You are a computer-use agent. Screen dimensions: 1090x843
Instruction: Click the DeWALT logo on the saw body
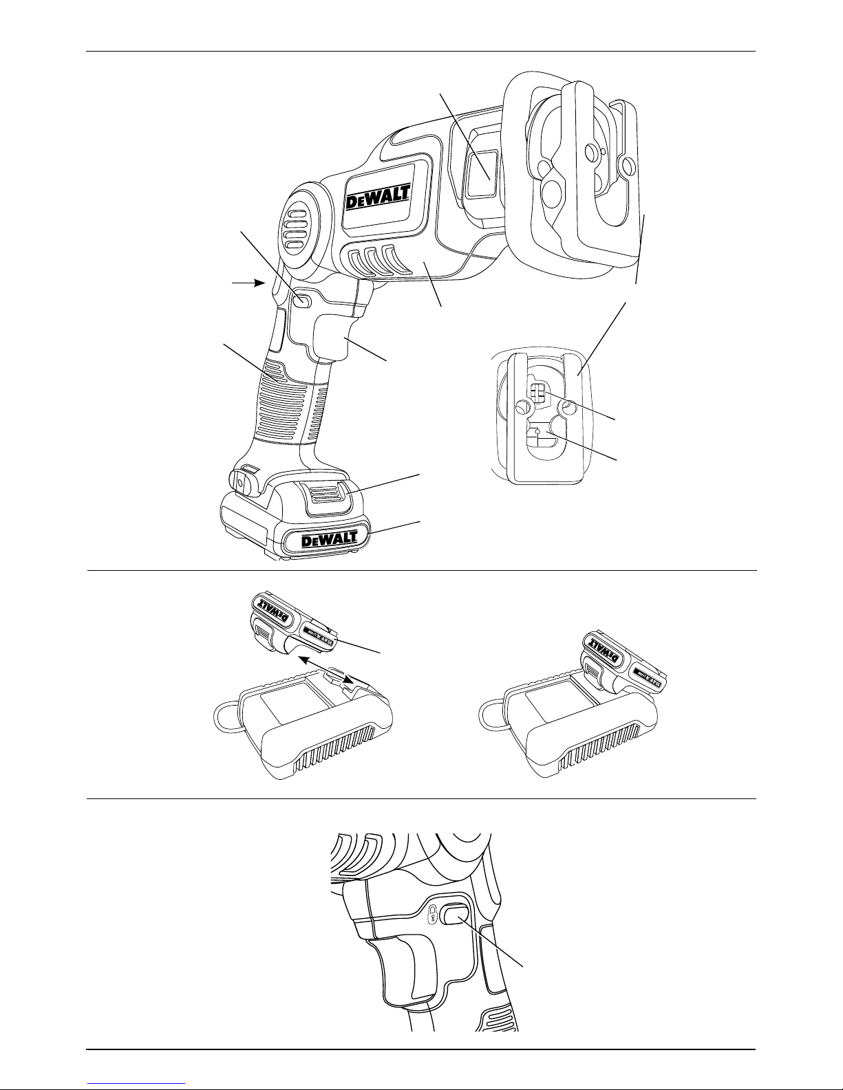[x=378, y=199]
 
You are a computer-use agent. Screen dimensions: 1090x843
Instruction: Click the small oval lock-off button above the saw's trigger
[x=301, y=300]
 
